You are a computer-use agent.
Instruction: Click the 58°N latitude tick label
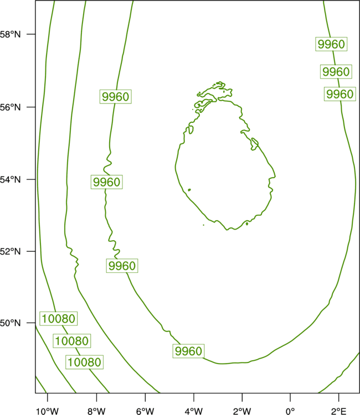click(10, 34)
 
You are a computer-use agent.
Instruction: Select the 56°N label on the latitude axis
click(10, 107)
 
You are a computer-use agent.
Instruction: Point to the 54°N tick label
click(10, 180)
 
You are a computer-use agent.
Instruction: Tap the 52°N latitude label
click(10, 251)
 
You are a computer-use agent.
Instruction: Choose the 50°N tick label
click(10, 323)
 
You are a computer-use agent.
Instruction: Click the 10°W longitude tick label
click(47, 411)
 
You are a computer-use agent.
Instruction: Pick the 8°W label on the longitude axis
click(96, 411)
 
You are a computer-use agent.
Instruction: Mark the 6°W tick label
click(145, 411)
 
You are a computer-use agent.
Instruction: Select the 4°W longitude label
click(194, 411)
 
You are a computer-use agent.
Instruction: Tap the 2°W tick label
click(242, 411)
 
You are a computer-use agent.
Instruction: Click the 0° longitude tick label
click(290, 411)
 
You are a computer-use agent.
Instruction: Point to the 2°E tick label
click(338, 411)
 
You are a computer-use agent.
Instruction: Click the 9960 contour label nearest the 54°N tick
click(107, 182)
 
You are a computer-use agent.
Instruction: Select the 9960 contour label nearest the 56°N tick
click(116, 97)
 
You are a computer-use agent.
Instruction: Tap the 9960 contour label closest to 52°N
click(122, 266)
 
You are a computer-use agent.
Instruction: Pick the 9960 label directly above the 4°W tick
click(189, 351)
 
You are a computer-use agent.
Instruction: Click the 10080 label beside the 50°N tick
click(59, 318)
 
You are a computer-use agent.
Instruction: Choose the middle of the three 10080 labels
click(72, 341)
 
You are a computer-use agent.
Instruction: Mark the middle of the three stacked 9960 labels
click(336, 71)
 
